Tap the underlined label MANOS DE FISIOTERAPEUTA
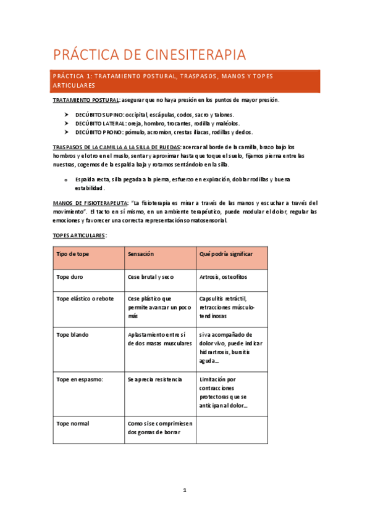coord(90,202)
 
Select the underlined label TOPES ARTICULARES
coord(79,235)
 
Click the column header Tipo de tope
coord(73,254)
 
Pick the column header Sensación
coord(141,254)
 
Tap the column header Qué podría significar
coord(225,254)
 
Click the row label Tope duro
coord(70,278)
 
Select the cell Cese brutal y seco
coord(151,278)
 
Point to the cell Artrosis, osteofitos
coord(223,278)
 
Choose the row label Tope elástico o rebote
coord(85,299)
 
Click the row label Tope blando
coord(72,335)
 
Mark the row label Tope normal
coord(73,423)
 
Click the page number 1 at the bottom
coord(184,490)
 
